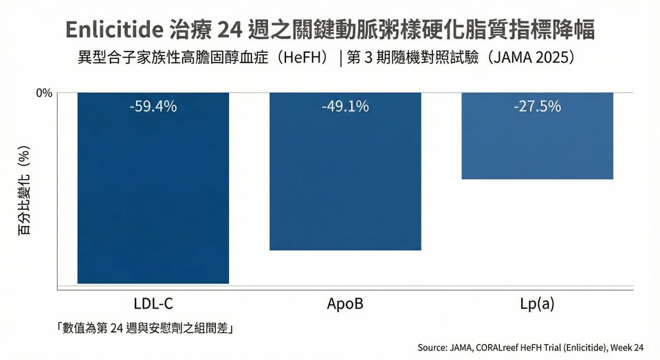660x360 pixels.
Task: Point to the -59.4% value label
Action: (x=153, y=106)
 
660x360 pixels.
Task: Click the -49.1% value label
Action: (x=344, y=106)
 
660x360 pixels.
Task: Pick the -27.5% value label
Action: (x=537, y=106)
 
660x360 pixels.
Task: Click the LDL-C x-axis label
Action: (x=153, y=303)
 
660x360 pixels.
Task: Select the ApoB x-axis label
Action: (x=345, y=303)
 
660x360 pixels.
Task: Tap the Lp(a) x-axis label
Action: (x=537, y=303)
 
